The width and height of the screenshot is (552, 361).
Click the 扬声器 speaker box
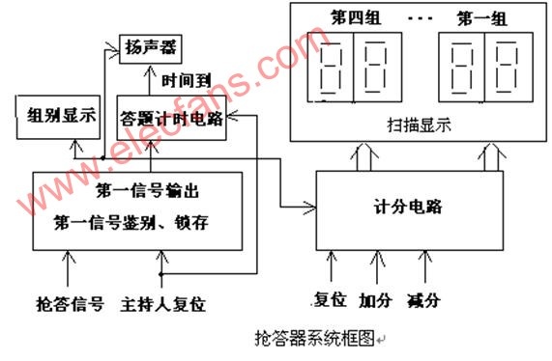[150, 49]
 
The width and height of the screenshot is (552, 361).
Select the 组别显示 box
[58, 117]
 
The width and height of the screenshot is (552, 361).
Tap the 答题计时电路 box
[171, 118]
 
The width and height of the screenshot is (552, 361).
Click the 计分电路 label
[408, 207]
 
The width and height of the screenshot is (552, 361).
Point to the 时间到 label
[187, 81]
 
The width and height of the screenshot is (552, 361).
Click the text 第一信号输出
[148, 191]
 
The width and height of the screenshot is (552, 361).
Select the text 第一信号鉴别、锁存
[131, 223]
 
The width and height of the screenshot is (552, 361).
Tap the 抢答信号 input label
[70, 304]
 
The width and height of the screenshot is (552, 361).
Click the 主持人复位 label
[163, 304]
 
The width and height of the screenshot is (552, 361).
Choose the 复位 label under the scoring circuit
[330, 300]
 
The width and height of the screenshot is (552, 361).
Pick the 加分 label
[376, 300]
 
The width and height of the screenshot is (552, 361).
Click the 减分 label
[423, 300]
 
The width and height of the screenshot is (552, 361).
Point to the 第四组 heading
[356, 17]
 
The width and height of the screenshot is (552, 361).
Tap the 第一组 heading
[482, 18]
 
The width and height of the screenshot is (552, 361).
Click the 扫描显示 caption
[419, 125]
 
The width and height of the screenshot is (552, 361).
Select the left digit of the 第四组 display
[331, 68]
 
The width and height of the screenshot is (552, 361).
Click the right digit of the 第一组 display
[508, 67]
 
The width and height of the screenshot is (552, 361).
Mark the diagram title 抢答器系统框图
[314, 338]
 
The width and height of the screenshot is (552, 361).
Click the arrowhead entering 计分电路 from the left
[310, 208]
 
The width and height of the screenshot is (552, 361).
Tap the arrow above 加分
[377, 267]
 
